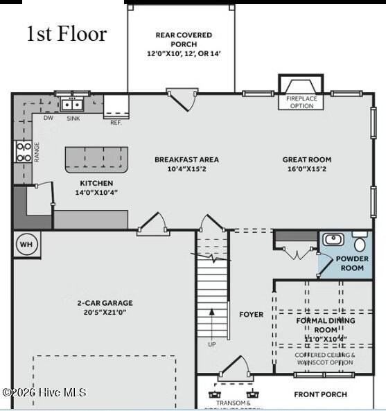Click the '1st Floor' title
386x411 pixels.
[x=67, y=34]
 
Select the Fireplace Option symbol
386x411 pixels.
[x=300, y=87]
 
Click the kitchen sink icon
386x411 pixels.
[x=71, y=105]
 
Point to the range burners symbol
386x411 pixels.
[x=23, y=152]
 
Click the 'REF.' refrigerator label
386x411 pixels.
[x=116, y=122]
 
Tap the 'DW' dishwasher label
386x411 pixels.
[x=48, y=119]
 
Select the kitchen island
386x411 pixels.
[x=97, y=159]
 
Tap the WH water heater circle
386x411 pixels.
[x=26, y=244]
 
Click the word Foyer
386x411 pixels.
[x=251, y=315]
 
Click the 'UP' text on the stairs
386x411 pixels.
[x=211, y=344]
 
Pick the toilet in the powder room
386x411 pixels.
[x=360, y=243]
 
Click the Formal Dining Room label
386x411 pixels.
[x=325, y=325]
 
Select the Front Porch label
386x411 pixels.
[x=320, y=394]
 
